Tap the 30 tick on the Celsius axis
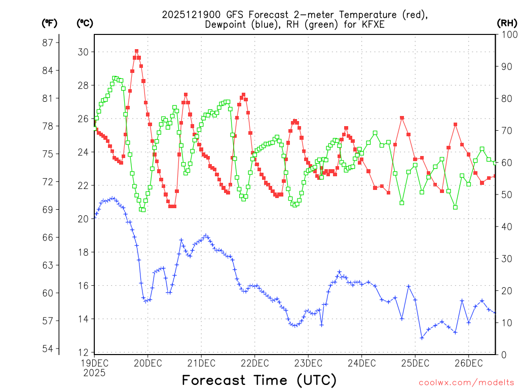(83, 52)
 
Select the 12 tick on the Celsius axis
(83, 352)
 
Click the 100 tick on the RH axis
(508, 34)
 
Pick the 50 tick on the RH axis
(505, 194)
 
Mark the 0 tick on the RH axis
(503, 355)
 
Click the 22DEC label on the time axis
(254, 363)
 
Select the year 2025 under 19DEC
(94, 373)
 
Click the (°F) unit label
(50, 23)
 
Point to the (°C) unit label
(85, 23)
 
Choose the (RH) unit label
(507, 23)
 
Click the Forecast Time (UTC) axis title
(259, 380)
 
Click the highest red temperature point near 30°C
(136, 51)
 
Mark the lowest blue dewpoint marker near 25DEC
(422, 338)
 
